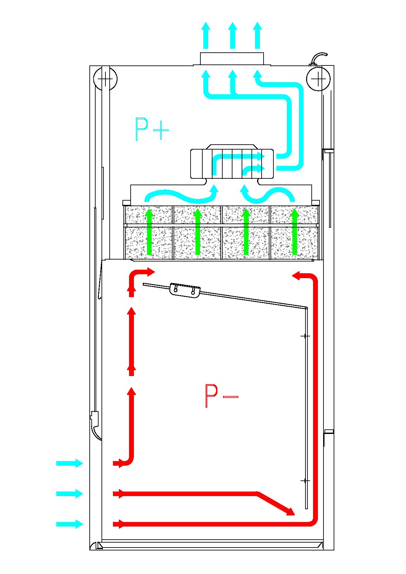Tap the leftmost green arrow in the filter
coord(149,232)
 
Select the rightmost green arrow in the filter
coord(295,232)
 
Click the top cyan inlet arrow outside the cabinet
coord(69,463)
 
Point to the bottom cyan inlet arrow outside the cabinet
coord(69,524)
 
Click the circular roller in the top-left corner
coord(105,79)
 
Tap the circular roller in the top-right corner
coord(318,79)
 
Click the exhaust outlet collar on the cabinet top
coord(232,59)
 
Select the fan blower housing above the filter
coord(232,164)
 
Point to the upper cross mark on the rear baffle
coord(305,336)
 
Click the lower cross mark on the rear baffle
coord(305,481)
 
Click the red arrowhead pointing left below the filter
coord(297,276)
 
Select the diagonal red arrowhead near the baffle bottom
coord(289,511)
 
